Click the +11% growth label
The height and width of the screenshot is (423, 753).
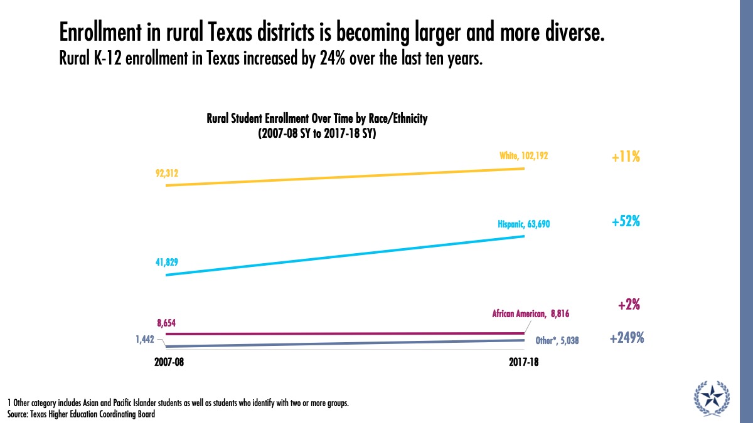(626, 157)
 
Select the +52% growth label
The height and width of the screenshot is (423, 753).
(626, 222)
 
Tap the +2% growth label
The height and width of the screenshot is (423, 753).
(629, 305)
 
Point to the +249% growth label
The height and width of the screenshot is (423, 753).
(626, 338)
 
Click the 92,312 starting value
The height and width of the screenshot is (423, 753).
(166, 174)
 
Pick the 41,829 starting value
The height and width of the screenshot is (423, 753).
(166, 263)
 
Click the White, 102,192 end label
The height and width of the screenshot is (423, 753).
(523, 155)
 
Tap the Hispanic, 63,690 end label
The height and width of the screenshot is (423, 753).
(524, 224)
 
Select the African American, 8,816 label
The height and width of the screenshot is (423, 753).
(530, 313)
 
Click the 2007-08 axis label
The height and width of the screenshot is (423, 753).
(169, 363)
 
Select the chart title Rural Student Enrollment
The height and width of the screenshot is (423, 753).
(317, 119)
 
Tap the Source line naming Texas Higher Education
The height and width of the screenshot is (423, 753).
(81, 414)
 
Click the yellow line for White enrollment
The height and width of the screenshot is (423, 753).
(345, 177)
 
